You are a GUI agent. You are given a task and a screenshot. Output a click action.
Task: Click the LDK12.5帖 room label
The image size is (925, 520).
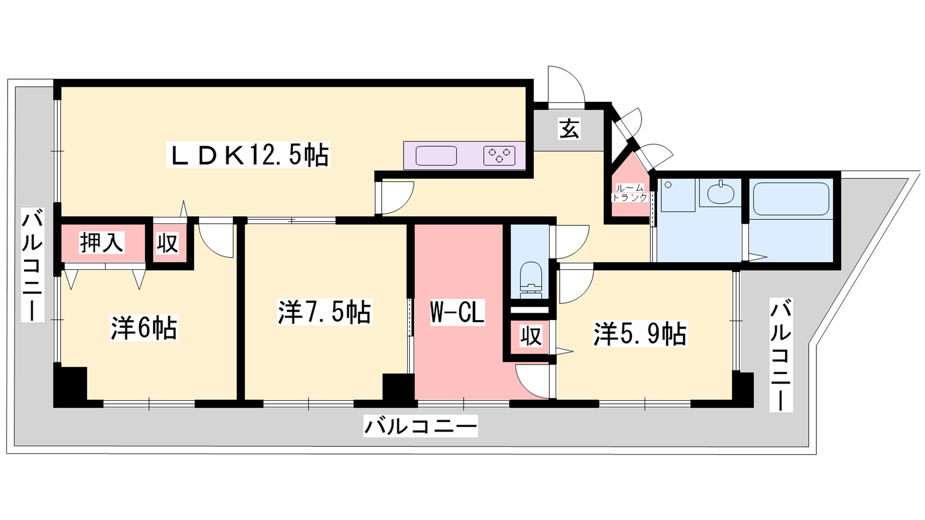[x=248, y=155]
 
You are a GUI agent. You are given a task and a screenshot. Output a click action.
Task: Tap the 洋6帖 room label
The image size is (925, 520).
[x=144, y=328]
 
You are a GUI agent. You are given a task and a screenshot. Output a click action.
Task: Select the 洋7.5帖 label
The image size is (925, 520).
[x=324, y=312]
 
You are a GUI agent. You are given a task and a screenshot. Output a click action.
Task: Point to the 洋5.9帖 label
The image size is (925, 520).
[x=640, y=334]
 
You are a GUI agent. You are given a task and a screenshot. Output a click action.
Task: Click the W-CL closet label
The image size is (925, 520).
[x=457, y=313]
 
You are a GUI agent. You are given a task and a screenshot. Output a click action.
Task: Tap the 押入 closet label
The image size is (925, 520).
[x=102, y=242]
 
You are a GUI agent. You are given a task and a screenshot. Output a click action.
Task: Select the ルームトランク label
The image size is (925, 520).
[x=630, y=193]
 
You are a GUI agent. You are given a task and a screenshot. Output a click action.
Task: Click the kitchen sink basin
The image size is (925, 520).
[x=436, y=155]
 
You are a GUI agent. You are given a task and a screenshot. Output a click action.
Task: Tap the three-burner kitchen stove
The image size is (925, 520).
[x=499, y=155]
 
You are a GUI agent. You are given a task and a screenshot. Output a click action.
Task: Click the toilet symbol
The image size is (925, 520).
[x=531, y=280]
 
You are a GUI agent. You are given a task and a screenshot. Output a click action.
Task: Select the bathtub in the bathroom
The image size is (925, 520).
[x=791, y=199]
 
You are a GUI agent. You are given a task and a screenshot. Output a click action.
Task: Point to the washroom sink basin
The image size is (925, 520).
[x=720, y=193]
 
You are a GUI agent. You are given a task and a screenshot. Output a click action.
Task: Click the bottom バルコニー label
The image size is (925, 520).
[x=420, y=426]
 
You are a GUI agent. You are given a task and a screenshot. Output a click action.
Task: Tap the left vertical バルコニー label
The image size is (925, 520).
[x=32, y=265]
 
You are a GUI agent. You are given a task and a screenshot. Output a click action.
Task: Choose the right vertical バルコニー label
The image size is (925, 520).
[x=781, y=355]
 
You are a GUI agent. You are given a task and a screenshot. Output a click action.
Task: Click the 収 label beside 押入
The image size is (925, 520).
[x=167, y=243]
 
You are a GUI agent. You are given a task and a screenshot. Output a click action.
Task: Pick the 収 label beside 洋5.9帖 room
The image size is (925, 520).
[x=531, y=336]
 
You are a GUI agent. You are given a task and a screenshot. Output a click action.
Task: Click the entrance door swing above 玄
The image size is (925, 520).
[x=566, y=84]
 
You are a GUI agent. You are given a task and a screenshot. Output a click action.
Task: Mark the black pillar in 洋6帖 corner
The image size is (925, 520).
[x=70, y=384]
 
